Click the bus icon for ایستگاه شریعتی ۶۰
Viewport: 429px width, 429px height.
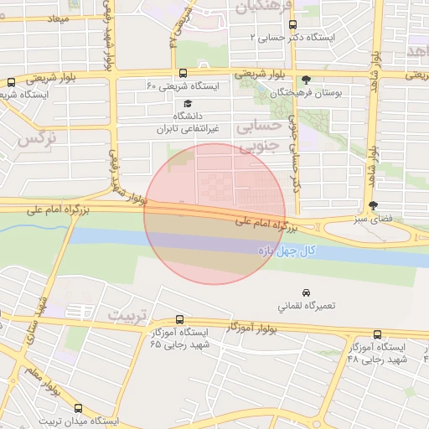(x=183, y=73)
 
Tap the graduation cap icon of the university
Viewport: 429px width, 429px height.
(x=188, y=103)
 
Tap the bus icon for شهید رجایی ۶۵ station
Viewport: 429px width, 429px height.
(x=180, y=319)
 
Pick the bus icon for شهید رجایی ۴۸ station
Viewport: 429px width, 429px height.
(x=376, y=334)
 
